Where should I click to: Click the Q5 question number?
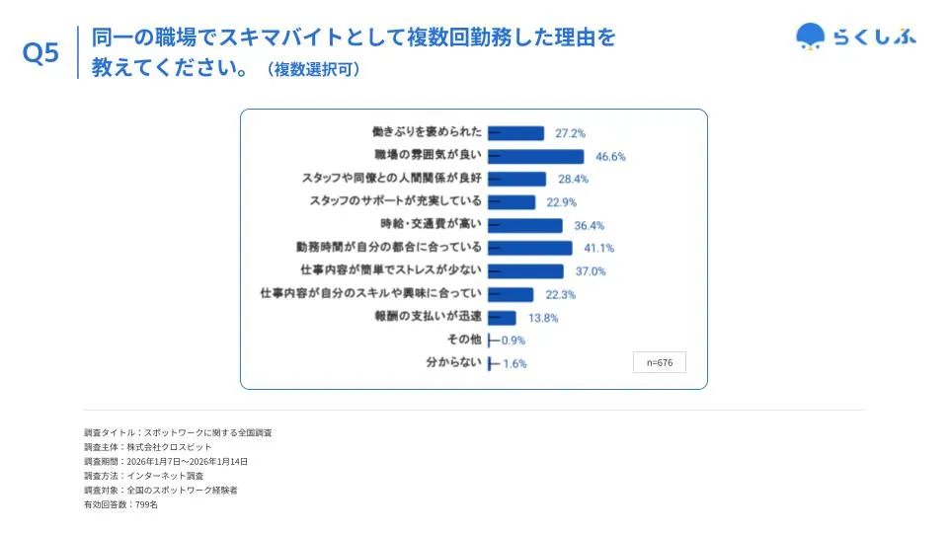(40, 53)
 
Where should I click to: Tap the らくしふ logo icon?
(811, 37)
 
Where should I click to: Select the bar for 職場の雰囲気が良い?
(536, 156)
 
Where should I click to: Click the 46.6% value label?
(610, 156)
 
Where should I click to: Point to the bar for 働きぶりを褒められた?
(516, 133)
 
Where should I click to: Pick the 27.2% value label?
(571, 133)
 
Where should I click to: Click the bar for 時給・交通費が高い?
(525, 225)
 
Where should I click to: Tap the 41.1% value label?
(598, 248)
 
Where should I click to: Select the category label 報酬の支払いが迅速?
(428, 317)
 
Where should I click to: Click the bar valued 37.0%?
(526, 271)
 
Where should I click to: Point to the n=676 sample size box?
(659, 362)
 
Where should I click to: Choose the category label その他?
(464, 340)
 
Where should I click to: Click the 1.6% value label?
(514, 363)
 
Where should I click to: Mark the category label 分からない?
(454, 362)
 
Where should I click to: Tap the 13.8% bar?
(503, 317)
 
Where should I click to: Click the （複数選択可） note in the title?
(312, 69)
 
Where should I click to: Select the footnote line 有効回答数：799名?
(120, 505)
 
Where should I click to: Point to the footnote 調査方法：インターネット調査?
(144, 476)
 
